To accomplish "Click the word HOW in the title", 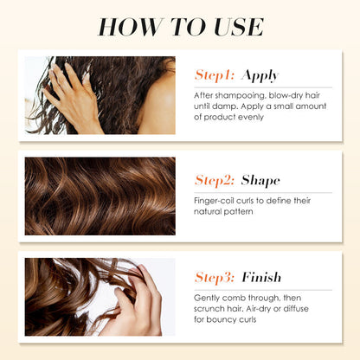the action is tap(131, 27).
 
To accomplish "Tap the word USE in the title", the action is tap(239, 27).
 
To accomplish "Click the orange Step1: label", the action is tap(215, 75).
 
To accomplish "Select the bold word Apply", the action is tap(260, 76).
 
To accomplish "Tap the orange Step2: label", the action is tap(215, 181).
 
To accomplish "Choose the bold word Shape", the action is tap(260, 181).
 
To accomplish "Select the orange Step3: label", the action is tap(215, 278).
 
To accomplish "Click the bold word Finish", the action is tap(261, 277).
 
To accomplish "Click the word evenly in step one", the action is tap(251, 118).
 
